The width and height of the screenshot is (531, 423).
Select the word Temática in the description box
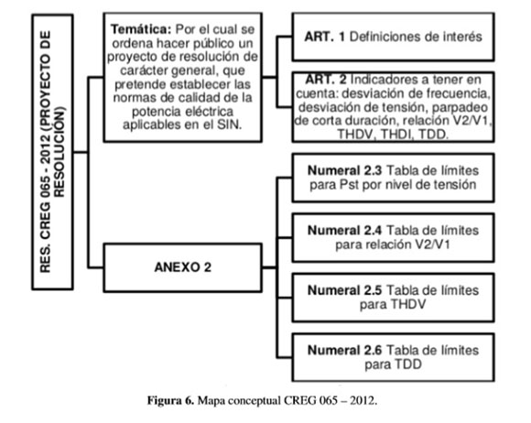point(141,29)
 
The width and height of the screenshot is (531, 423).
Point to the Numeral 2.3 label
point(344,170)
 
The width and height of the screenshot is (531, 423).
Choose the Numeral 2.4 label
point(344,231)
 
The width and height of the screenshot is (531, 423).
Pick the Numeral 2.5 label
point(344,290)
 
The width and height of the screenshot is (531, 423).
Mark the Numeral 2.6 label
point(344,350)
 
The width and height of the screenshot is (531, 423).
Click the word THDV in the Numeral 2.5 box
point(409,305)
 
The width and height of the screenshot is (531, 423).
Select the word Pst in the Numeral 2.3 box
point(349,185)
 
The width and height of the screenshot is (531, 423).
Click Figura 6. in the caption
point(170,401)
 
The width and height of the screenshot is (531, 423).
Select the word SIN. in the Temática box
point(230,125)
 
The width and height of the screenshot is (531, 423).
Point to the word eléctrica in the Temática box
point(209,111)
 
